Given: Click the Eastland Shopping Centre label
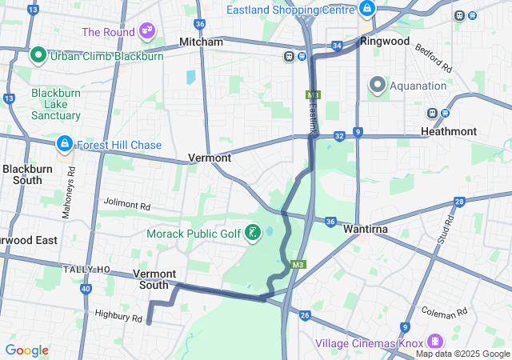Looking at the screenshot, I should pyautogui.click(x=290, y=10).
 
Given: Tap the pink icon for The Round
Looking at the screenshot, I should pyautogui.click(x=146, y=31).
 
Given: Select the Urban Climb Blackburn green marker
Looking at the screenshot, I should pyautogui.click(x=38, y=56).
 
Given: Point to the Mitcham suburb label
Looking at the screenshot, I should pyautogui.click(x=201, y=41).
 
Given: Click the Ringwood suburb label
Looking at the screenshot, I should pyautogui.click(x=385, y=41).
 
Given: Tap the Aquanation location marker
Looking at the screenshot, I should pyautogui.click(x=378, y=84).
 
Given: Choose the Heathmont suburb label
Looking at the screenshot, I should pyautogui.click(x=450, y=131).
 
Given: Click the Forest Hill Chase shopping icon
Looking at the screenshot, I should pyautogui.click(x=63, y=145).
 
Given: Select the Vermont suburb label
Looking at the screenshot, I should pyautogui.click(x=210, y=158).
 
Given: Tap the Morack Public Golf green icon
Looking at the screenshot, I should pyautogui.click(x=253, y=234).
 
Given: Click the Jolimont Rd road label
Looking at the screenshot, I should pyautogui.click(x=126, y=206).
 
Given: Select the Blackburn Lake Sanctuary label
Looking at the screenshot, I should pyautogui.click(x=56, y=104).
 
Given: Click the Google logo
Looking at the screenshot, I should pyautogui.click(x=26, y=350).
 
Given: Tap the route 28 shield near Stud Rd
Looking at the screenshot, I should pyautogui.click(x=459, y=202).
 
